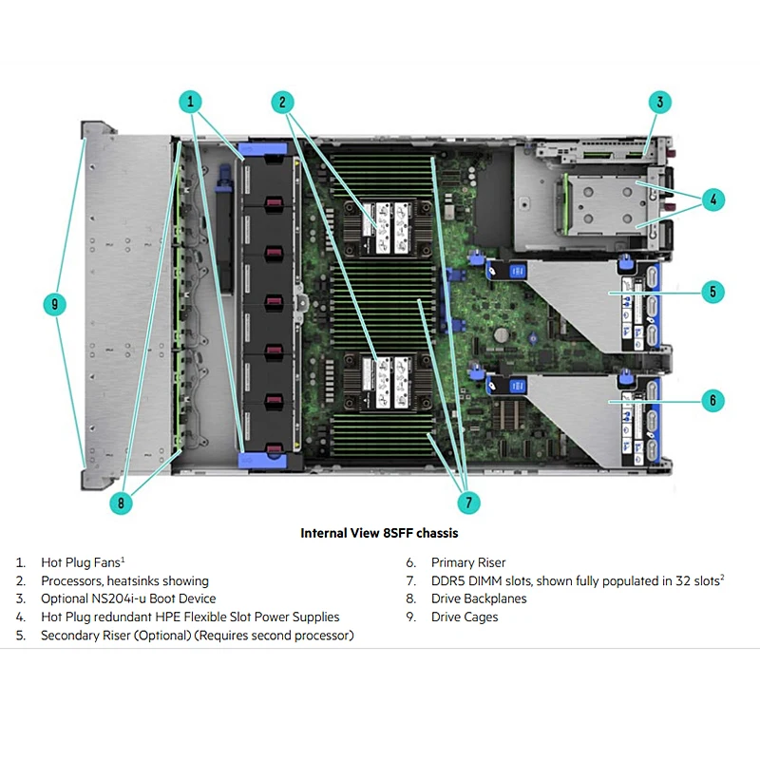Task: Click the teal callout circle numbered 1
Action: point(191,102)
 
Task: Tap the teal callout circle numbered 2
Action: point(281,102)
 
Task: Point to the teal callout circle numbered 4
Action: point(712,200)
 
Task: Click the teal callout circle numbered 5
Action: point(712,292)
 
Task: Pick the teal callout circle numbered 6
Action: point(712,400)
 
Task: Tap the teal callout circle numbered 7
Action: point(466,502)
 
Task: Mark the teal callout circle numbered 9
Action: point(56,305)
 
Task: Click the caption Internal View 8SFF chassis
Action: point(379,533)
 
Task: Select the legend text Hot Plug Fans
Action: point(82,562)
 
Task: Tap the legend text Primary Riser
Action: point(468,562)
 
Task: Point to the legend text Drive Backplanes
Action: point(479,598)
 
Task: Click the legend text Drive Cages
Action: point(465,617)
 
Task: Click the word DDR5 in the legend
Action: point(448,580)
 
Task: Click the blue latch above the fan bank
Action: point(265,148)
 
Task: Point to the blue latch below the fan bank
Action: point(265,459)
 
